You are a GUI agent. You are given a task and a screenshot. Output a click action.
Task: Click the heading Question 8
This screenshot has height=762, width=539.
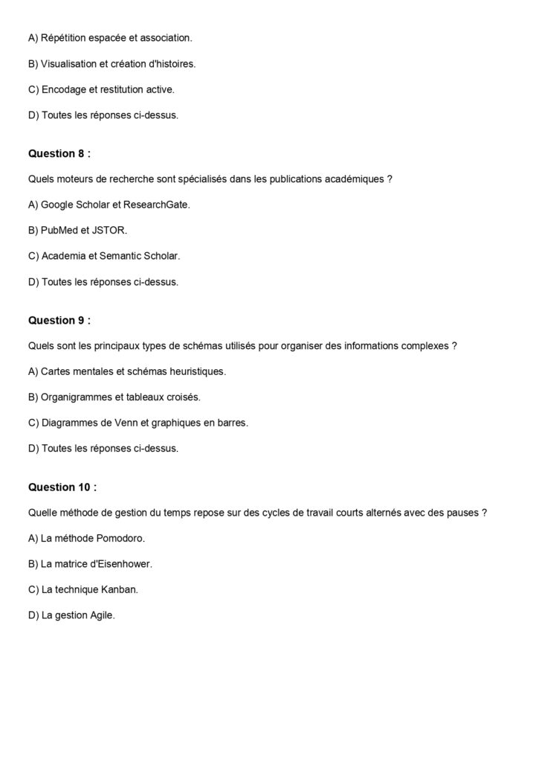59,154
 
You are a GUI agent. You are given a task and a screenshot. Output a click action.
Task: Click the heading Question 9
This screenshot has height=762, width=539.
59,321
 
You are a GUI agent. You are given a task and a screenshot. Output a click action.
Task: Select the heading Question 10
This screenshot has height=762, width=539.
62,487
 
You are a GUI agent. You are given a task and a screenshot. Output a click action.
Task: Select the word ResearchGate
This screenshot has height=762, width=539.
159,204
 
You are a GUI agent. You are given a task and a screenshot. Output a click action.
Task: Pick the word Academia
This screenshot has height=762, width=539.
64,256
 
